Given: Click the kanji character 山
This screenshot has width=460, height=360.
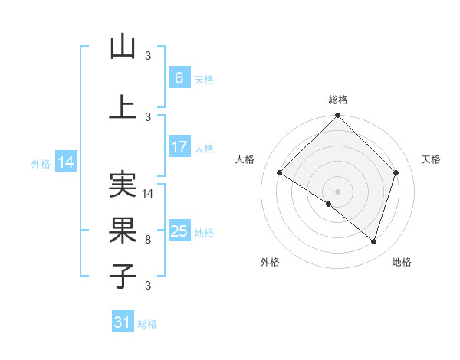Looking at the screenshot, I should [123, 47].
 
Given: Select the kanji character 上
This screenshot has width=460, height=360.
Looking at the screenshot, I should [123, 108].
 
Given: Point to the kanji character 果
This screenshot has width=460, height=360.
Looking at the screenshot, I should [123, 231].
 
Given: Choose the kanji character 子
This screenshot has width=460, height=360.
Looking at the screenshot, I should [123, 277].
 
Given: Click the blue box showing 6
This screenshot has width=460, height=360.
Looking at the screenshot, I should [179, 77].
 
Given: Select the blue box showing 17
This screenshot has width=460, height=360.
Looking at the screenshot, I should [179, 147].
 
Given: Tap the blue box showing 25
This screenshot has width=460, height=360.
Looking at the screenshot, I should [179, 231].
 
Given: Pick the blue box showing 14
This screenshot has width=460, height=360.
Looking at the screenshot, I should [66, 162].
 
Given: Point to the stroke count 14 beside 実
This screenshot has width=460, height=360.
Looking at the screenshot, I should [149, 194].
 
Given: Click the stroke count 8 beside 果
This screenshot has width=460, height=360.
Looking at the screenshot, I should [148, 240].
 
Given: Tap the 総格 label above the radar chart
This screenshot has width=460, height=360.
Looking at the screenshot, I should [337, 100].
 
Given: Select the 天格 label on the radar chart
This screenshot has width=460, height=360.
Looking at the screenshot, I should [432, 159].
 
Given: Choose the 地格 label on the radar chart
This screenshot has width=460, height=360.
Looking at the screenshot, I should [402, 263].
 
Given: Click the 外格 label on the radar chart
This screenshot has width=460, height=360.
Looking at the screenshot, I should [270, 263].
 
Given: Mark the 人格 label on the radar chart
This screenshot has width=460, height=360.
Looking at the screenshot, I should [245, 159].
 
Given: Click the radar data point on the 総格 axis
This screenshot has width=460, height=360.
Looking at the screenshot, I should [337, 116].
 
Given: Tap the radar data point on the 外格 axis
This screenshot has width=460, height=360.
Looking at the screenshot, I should [329, 204].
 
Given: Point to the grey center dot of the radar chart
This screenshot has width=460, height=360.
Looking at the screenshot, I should [337, 191].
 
